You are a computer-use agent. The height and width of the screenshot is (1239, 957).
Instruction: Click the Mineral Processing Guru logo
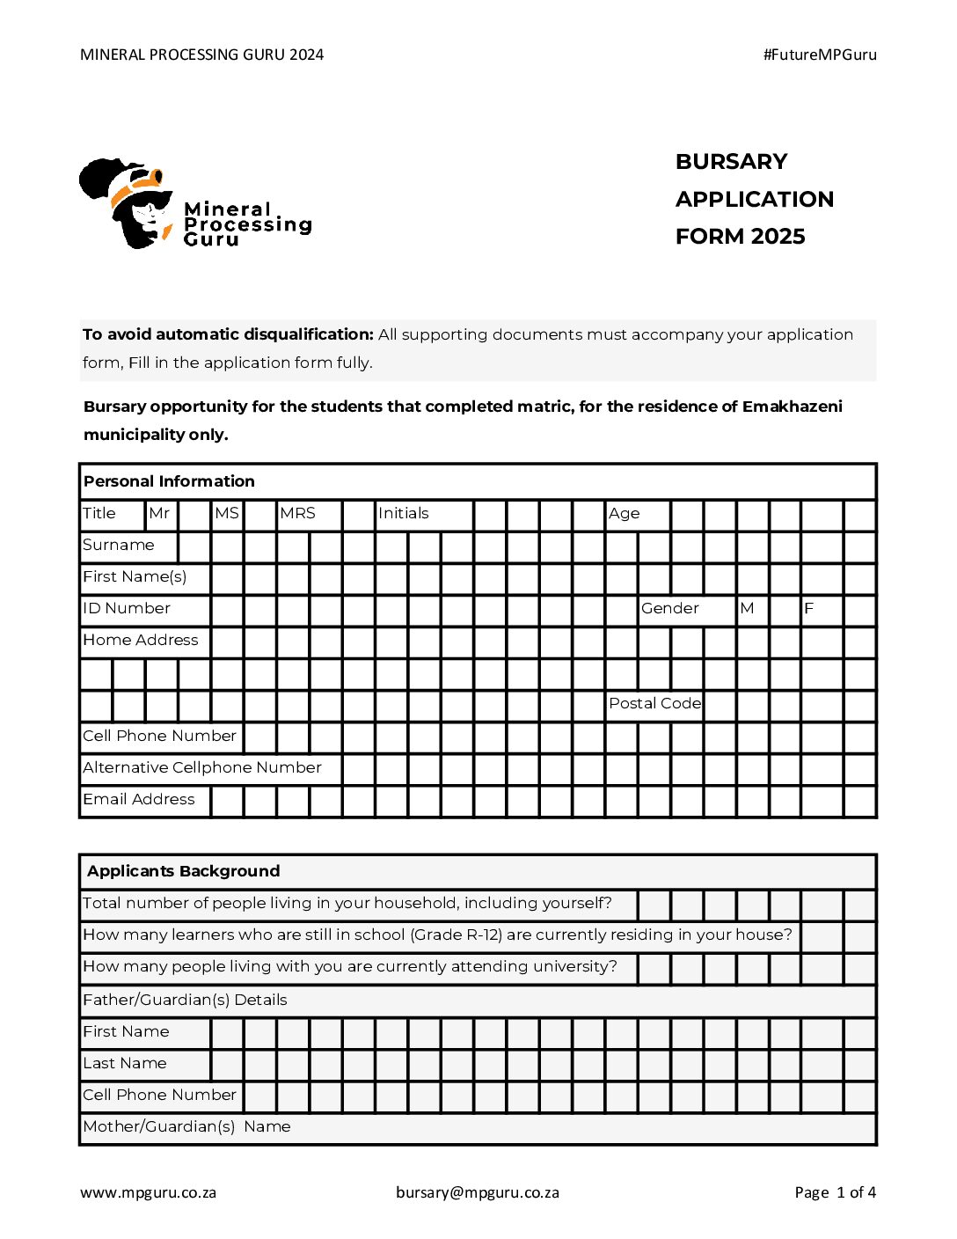point(194,204)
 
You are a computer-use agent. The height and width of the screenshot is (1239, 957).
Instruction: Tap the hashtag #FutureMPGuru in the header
point(820,55)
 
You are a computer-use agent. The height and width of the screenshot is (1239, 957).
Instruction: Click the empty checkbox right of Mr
point(194,515)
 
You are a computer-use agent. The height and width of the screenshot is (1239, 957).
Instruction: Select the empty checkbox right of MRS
point(358,515)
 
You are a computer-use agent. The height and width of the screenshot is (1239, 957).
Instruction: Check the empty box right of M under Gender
point(785,610)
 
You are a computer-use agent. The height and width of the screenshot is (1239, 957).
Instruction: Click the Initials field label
point(404,514)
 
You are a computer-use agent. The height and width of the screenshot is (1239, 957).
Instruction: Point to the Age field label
point(625,514)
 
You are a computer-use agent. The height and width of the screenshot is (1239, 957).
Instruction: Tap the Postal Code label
point(655,704)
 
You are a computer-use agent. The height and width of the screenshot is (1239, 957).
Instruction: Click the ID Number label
point(127,609)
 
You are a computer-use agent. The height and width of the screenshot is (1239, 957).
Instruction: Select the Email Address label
point(139,800)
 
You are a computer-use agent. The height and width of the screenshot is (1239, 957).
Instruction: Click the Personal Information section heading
point(169,481)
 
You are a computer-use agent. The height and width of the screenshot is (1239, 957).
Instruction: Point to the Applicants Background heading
point(184,871)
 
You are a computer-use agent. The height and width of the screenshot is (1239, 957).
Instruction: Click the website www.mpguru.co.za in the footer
point(148,1193)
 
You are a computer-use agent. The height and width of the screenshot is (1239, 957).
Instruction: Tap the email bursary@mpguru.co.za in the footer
point(478,1193)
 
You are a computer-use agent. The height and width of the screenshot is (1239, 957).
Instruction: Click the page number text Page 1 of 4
point(835,1193)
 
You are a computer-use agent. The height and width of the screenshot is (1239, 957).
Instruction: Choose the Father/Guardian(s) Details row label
point(185,1001)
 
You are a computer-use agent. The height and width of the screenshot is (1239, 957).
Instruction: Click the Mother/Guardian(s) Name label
point(186,1127)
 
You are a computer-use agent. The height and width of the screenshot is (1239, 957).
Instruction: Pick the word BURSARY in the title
point(731,162)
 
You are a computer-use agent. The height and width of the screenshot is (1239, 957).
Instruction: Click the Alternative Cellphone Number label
point(202,768)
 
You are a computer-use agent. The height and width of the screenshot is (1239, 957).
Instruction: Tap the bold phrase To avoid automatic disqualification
point(228,334)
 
